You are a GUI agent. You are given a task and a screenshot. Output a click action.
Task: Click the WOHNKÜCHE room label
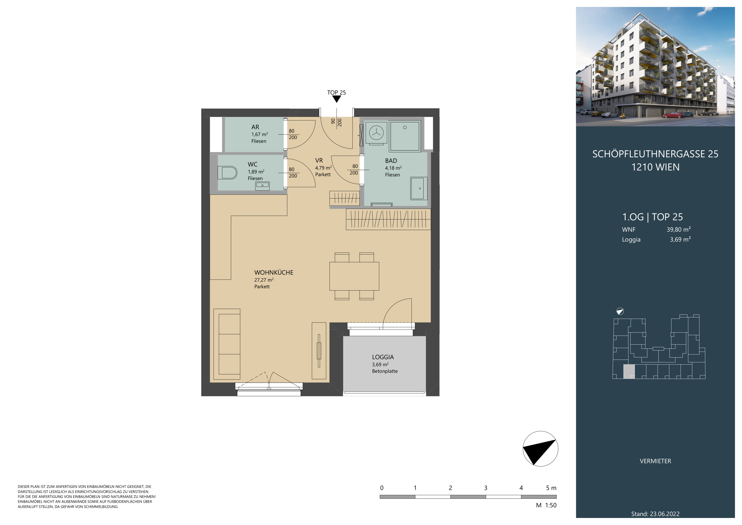pos(274,273)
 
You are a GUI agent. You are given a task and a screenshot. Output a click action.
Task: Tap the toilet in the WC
pos(227,173)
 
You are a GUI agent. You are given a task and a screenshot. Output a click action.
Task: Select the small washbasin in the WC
pos(262,186)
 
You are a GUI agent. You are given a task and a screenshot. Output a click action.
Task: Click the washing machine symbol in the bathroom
pos(376,133)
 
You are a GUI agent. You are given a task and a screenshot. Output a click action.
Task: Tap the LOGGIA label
pos(383,357)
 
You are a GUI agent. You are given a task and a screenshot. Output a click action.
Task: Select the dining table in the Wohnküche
pos(354,276)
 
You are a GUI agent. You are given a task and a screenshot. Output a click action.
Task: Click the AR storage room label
pos(255,127)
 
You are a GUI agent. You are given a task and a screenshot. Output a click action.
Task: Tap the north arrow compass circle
pos(540,449)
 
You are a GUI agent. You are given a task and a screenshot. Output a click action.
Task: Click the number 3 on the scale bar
pos(485,488)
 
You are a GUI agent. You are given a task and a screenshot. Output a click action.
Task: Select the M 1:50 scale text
pos(546,505)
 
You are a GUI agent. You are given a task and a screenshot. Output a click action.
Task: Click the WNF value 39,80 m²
pos(679,229)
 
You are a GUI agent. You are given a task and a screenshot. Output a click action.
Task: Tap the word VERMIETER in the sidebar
pos(655,461)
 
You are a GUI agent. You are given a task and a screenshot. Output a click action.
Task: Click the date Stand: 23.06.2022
pos(655,514)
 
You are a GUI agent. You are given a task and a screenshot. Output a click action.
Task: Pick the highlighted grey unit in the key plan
pos(629,371)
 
